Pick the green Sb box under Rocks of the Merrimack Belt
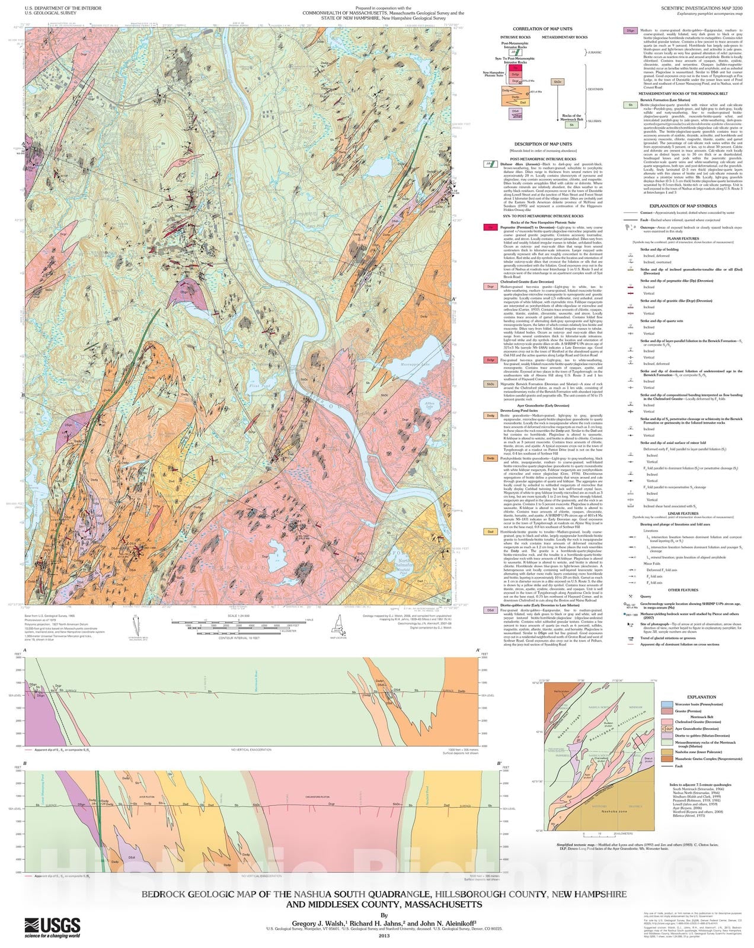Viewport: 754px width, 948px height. click(x=571, y=125)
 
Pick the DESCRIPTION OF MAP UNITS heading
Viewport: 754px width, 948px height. click(x=542, y=144)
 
